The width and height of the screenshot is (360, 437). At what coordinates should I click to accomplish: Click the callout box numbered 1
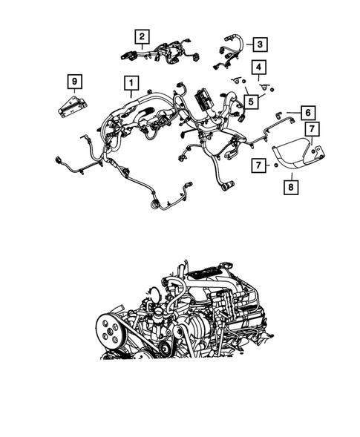[130, 82]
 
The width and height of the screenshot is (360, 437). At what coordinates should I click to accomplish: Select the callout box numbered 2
[141, 35]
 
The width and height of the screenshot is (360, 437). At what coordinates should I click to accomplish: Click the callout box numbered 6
[308, 113]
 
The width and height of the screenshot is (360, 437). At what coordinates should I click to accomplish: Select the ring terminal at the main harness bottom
[154, 200]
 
